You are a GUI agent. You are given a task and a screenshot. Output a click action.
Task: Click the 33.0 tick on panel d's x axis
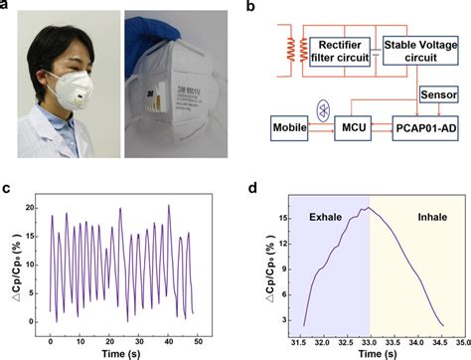[370, 337]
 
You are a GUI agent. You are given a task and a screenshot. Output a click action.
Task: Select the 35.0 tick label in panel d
[460, 337]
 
